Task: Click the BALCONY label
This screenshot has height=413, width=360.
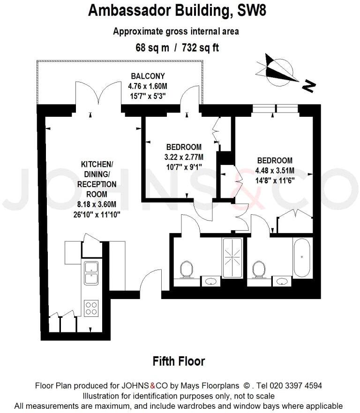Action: (148, 76)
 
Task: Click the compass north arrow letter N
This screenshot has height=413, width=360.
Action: (308, 85)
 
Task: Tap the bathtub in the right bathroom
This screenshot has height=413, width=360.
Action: (302, 258)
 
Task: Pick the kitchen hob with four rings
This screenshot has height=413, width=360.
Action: (91, 308)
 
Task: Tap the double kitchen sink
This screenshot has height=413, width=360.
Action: (91, 273)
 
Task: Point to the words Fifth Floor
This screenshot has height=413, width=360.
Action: (179, 361)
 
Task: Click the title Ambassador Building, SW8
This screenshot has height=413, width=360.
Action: (177, 10)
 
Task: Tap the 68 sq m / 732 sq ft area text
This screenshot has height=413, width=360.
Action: (177, 47)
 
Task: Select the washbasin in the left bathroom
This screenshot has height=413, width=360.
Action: (211, 281)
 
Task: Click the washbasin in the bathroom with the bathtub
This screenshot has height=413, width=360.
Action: (282, 281)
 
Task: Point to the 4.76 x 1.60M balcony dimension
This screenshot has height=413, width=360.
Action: (147, 86)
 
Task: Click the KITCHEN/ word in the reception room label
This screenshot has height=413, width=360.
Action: (97, 165)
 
